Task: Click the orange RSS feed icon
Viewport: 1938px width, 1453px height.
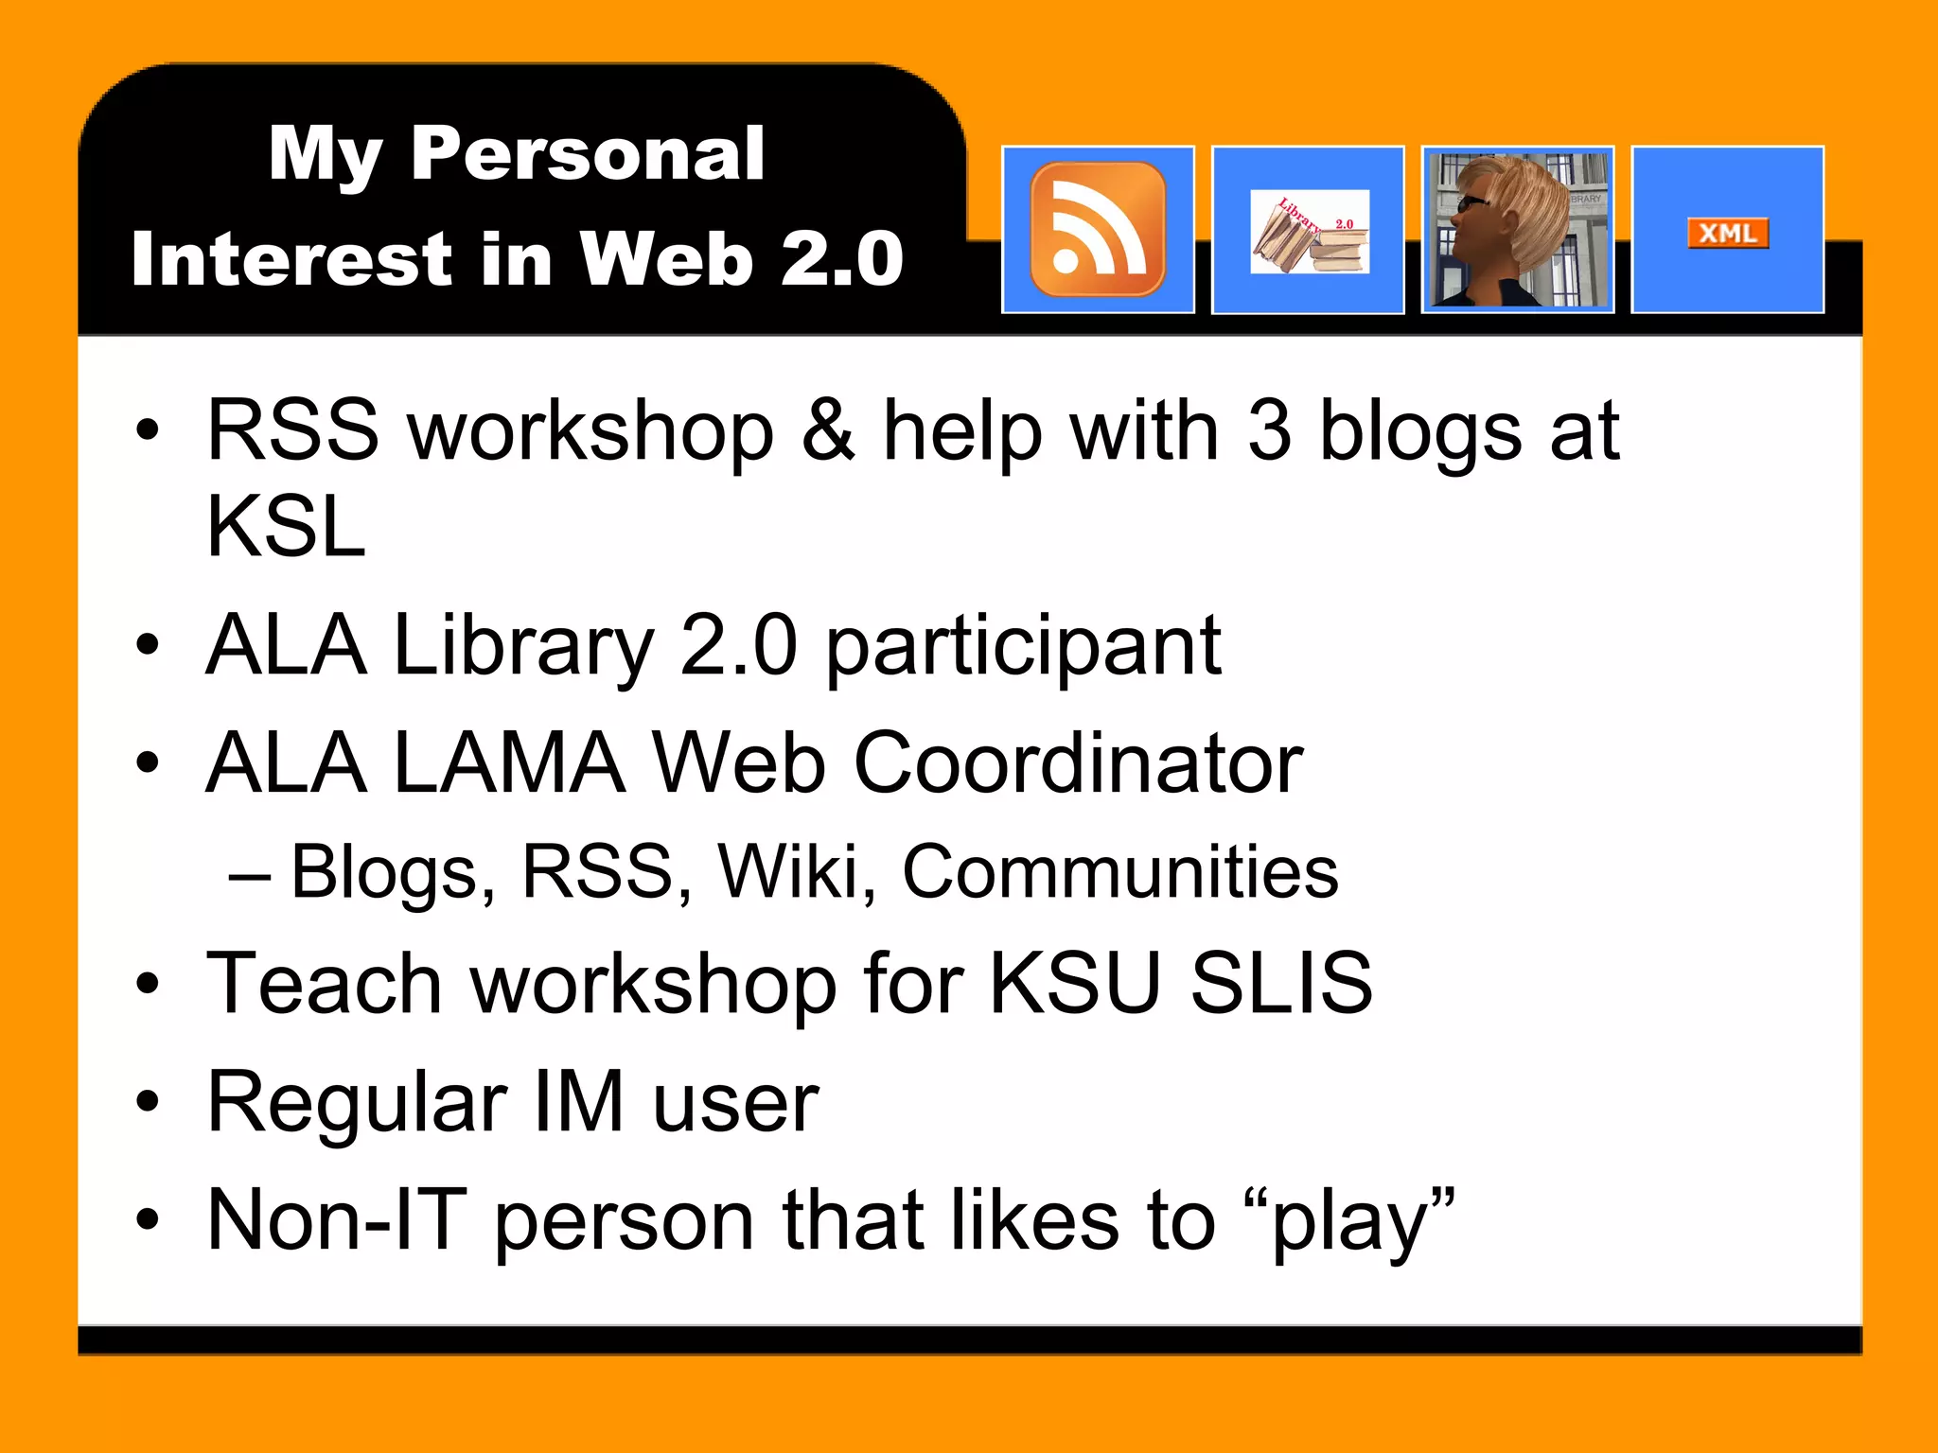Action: click(x=1098, y=229)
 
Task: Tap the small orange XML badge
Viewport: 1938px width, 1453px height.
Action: click(x=1727, y=233)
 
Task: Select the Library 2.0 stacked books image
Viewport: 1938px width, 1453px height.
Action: click(x=1310, y=233)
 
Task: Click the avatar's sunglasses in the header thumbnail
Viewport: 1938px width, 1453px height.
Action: click(x=1471, y=202)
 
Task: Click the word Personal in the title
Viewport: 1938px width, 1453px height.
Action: click(x=587, y=153)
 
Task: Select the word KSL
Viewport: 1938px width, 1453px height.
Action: click(x=286, y=528)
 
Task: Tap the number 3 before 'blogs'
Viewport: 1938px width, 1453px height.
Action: click(x=1269, y=431)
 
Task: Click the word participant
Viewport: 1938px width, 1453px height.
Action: click(x=1024, y=647)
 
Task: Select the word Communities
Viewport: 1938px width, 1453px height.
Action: click(x=1120, y=871)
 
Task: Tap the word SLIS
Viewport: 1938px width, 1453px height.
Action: click(x=1281, y=984)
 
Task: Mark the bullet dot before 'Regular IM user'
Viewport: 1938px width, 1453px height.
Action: click(x=147, y=1102)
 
